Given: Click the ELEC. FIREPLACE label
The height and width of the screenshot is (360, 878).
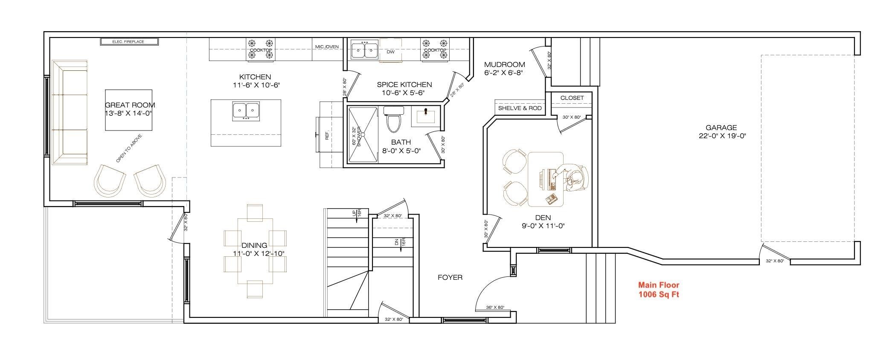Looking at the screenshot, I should (128, 42).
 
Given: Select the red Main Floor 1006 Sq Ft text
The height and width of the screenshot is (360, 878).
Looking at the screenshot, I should (658, 290).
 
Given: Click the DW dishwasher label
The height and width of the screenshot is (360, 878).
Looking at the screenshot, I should (390, 52).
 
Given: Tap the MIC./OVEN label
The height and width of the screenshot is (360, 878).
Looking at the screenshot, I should (327, 46).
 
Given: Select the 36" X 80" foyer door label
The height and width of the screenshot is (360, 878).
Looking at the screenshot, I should (495, 307).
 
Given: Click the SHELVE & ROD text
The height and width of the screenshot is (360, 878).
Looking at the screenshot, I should (520, 108).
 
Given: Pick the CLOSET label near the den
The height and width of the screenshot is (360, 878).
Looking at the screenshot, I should (572, 98).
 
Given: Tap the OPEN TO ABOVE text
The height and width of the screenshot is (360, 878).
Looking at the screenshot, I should (129, 148).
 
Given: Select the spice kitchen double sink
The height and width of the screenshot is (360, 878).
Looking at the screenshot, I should (364, 50).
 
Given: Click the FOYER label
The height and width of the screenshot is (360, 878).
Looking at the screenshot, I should (450, 277).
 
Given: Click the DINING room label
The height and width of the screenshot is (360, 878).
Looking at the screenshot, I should (254, 245).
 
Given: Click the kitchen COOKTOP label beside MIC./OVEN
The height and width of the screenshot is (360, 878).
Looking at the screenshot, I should (261, 50).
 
